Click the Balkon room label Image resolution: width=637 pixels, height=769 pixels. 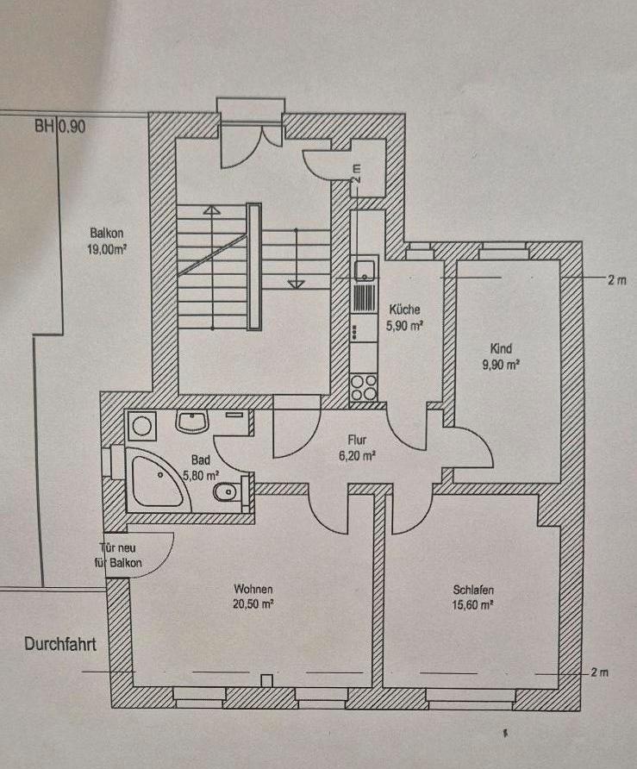pyautogui.click(x=107, y=232)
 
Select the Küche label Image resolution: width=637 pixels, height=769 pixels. pyautogui.click(x=403, y=309)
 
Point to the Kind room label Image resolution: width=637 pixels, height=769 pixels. pyautogui.click(x=501, y=349)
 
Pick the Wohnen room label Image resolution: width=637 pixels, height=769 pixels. pyautogui.click(x=253, y=590)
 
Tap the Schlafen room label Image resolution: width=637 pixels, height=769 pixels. pyautogui.click(x=473, y=591)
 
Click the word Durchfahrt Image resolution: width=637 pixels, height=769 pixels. pyautogui.click(x=59, y=643)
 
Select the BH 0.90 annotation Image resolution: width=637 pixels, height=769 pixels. pyautogui.click(x=60, y=125)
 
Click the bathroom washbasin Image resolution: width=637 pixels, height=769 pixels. pyautogui.click(x=190, y=422)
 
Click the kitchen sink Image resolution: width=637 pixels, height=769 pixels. pyautogui.click(x=365, y=270)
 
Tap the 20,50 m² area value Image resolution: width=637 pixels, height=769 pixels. pyautogui.click(x=253, y=605)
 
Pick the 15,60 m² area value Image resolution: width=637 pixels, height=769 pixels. pyautogui.click(x=473, y=606)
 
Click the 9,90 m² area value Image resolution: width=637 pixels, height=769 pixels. pyautogui.click(x=501, y=365)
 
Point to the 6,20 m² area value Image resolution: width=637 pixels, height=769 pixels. pyautogui.click(x=357, y=455)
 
